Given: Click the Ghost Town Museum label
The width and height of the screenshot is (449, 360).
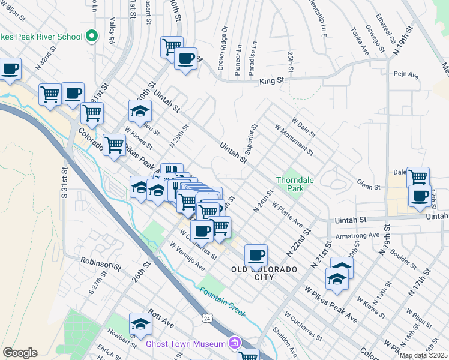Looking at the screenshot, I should [184, 344].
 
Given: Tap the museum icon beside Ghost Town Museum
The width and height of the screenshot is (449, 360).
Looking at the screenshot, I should [234, 344].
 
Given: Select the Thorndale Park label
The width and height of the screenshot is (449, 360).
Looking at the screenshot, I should [291, 184].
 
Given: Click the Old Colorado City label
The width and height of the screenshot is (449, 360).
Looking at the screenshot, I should [264, 273].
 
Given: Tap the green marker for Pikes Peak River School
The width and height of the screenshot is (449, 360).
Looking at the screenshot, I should [92, 37].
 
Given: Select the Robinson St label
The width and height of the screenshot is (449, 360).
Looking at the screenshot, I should [101, 263].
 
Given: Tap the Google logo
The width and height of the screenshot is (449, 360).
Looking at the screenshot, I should [20, 353].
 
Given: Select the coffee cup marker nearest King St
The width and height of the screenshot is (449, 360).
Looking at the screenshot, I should [186, 58].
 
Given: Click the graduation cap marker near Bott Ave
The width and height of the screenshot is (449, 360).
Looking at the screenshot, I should [140, 323].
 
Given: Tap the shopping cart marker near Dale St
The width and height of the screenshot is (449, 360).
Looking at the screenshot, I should [418, 176].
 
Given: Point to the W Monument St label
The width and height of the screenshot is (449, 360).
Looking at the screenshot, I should [294, 139].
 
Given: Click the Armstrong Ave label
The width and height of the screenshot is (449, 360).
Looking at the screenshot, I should [357, 235].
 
